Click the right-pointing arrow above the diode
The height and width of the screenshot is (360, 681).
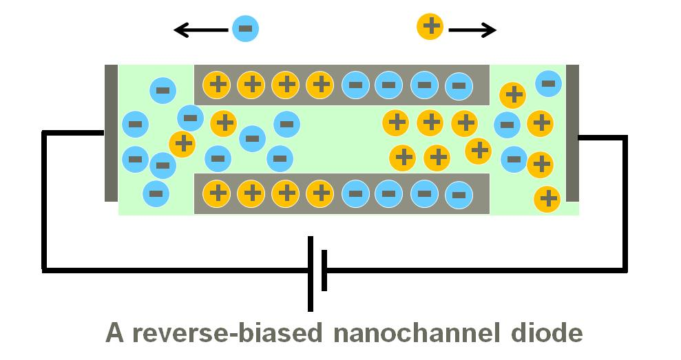click(x=472, y=30)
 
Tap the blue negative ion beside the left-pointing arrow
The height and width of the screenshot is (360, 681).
click(x=245, y=29)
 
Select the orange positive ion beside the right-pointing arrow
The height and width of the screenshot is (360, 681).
click(x=431, y=28)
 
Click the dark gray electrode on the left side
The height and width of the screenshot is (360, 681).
click(x=111, y=133)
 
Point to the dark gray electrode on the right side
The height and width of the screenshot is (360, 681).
click(x=572, y=133)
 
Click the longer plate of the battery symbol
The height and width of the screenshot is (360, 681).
click(x=311, y=273)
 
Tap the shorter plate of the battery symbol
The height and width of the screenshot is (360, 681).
click(x=324, y=271)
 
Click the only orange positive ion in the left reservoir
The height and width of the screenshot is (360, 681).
click(x=182, y=144)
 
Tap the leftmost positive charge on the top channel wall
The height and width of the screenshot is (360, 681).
click(x=218, y=85)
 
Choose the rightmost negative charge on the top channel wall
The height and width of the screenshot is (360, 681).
click(x=459, y=86)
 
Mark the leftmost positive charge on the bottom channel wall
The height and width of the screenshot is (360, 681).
click(x=218, y=193)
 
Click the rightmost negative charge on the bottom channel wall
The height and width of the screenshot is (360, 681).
click(x=459, y=194)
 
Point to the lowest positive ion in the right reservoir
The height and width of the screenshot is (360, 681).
click(x=547, y=199)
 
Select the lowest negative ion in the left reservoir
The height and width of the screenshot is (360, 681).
click(x=156, y=193)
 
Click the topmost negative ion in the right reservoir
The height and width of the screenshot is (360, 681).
click(x=548, y=84)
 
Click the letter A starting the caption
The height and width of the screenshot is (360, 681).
click(x=114, y=334)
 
